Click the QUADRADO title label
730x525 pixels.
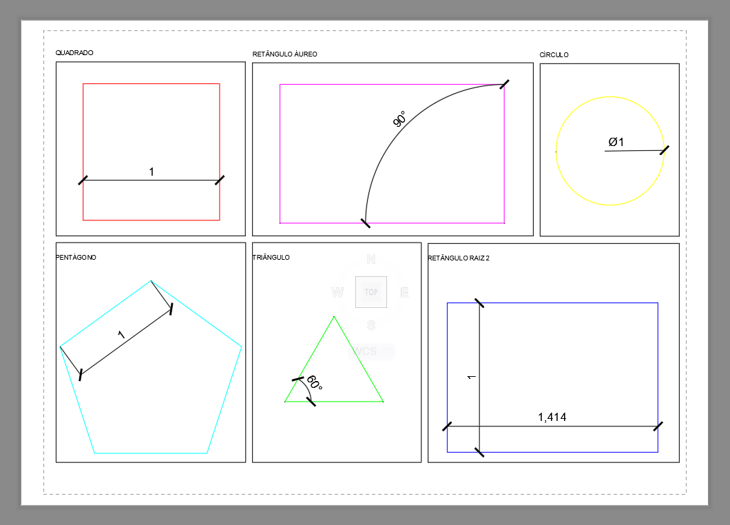(74, 52)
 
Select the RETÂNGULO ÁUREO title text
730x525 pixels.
(285, 54)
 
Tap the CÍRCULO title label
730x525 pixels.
(554, 54)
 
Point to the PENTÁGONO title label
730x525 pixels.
(76, 257)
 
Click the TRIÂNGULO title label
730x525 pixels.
(271, 257)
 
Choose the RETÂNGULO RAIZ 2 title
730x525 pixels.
(459, 258)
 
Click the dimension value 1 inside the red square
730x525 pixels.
(152, 172)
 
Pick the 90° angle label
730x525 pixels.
(399, 119)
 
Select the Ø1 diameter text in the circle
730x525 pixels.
(616, 142)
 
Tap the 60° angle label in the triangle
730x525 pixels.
(315, 382)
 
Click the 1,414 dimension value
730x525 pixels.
(552, 417)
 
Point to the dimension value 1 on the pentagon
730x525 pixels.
(121, 334)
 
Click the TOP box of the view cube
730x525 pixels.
(371, 292)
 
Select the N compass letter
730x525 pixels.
(371, 259)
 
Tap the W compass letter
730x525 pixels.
(337, 293)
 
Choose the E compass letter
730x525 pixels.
(404, 293)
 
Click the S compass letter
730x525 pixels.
(371, 326)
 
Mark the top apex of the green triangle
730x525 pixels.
(334, 317)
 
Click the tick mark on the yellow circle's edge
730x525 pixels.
(665, 150)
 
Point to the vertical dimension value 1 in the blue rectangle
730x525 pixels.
(472, 377)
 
